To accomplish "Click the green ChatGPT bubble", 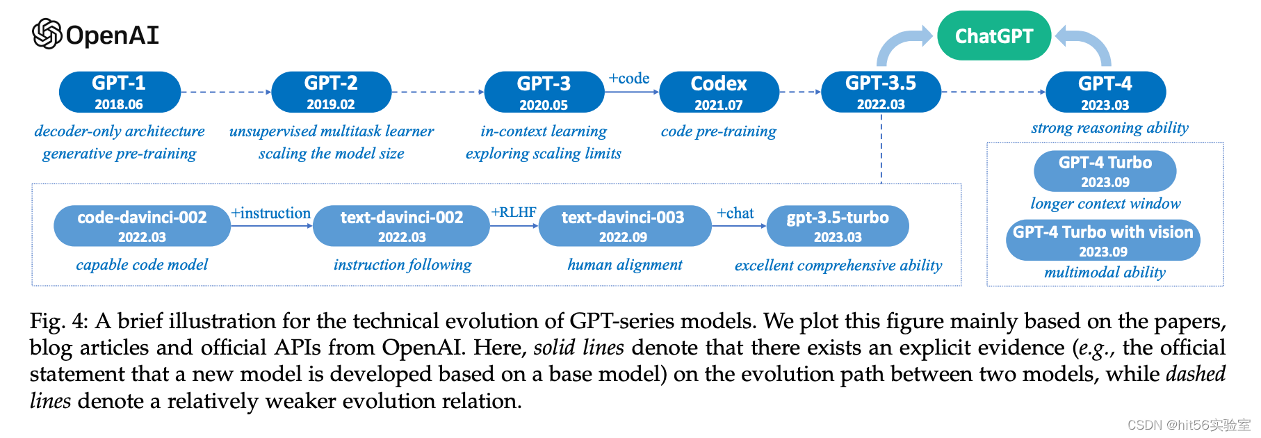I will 993,35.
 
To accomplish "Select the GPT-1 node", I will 119,92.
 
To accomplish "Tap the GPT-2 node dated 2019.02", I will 331,92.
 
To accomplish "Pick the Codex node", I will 719,92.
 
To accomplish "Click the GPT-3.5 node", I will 881,92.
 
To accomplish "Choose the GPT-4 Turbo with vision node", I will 1103,240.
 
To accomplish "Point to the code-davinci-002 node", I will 142,225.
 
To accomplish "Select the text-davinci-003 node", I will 624,225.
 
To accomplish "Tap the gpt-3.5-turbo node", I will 838,225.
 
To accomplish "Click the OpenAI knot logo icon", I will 47,34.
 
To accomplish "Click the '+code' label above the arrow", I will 629,79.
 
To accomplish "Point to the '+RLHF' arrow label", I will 514,212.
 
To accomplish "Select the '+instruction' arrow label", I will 271,213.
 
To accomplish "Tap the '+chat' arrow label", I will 735,213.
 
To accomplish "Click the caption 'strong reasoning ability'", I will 1109,128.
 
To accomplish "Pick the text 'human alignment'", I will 625,265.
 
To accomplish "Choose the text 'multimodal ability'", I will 1105,273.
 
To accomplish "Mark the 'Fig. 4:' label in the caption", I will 58,321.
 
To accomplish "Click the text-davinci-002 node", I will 401,225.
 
